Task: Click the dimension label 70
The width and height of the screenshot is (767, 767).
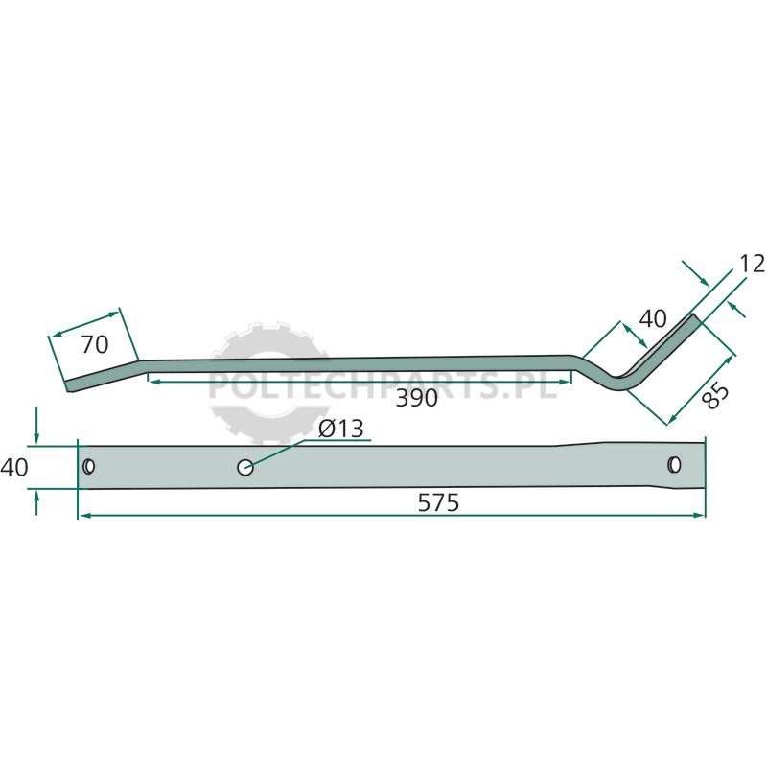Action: (95, 344)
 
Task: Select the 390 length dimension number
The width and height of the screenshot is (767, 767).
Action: (416, 398)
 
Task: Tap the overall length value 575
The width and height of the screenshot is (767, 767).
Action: (439, 502)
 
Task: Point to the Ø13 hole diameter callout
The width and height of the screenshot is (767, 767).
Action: (341, 429)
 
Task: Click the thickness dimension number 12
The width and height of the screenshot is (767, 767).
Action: (753, 265)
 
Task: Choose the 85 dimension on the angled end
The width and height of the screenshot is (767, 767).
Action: (715, 395)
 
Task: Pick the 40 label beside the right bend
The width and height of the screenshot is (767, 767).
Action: (653, 319)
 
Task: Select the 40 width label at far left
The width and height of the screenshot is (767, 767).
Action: (14, 468)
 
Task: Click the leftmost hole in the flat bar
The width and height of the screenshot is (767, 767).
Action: (88, 467)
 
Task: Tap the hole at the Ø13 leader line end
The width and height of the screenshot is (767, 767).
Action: (245, 467)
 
